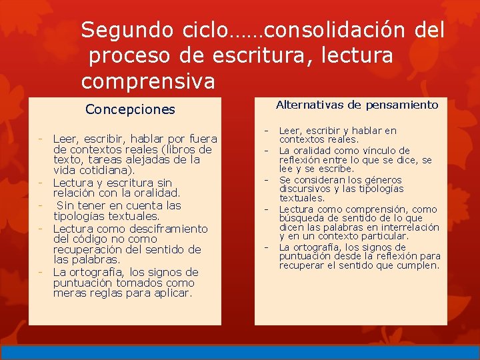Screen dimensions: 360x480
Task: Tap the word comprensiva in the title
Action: pos(148,82)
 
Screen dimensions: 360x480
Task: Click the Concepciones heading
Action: pos(130,109)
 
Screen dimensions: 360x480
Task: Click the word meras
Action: pos(69,293)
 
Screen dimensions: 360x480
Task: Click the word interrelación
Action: pos(409,227)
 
